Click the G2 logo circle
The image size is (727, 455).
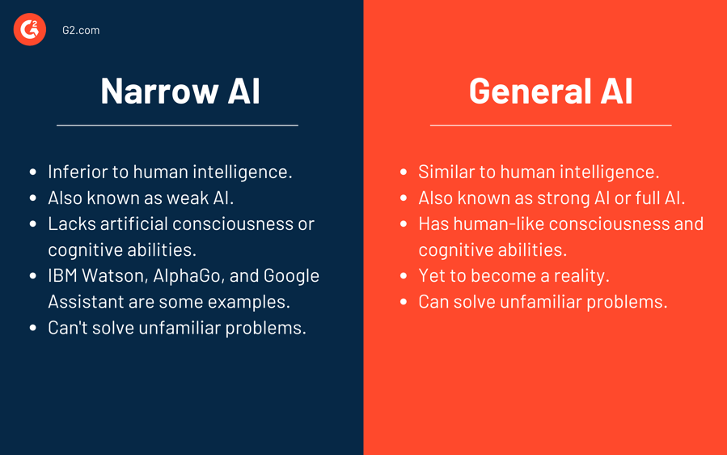tap(30, 30)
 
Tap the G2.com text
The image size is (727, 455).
tap(81, 30)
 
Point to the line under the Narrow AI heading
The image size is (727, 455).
tap(177, 125)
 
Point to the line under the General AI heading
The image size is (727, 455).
tap(551, 125)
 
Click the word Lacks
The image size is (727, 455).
tap(71, 223)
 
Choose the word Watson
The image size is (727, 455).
tap(118, 275)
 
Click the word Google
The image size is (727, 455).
tap(291, 275)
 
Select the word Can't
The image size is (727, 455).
tap(70, 328)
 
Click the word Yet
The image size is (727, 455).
tap(433, 275)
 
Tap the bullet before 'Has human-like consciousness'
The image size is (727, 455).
tap(404, 224)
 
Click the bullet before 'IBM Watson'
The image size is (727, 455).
tap(33, 276)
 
